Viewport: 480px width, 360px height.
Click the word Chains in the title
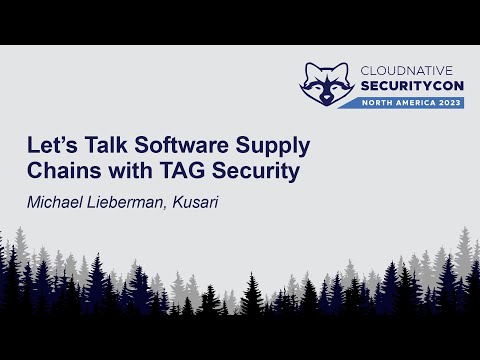click(x=59, y=170)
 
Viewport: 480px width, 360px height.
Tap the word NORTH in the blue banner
click(x=378, y=103)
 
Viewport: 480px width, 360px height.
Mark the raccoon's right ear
click(x=342, y=68)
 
